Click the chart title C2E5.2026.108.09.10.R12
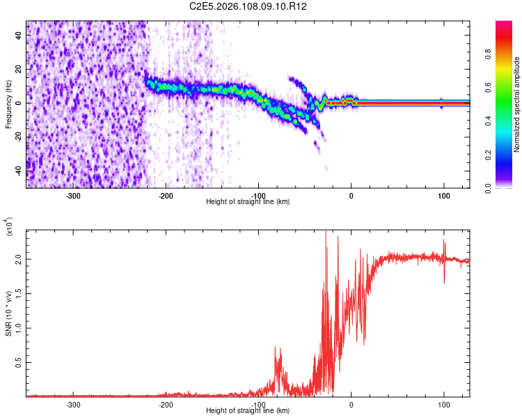point(248,6)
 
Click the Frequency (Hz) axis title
point(8,104)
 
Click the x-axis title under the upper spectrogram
point(248,201)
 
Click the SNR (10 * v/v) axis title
point(8,313)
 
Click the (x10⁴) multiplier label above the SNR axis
point(9,226)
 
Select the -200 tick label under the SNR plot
point(166,404)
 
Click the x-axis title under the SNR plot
point(248,411)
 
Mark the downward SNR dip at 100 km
point(444,281)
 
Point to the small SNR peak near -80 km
point(276,348)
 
